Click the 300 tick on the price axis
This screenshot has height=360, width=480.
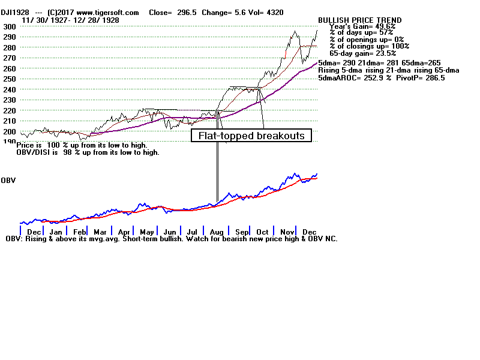click(9, 27)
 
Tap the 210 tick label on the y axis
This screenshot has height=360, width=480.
click(9, 121)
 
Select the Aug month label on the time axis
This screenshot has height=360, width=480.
click(217, 232)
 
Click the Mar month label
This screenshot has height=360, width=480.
click(100, 232)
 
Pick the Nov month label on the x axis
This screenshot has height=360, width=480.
click(286, 232)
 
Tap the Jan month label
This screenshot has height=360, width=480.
click(56, 232)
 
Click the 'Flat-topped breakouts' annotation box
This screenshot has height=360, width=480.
click(251, 136)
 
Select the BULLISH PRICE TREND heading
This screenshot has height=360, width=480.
click(360, 20)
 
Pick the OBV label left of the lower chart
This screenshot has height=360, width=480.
click(8, 180)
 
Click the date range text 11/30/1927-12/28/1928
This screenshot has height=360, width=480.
click(70, 20)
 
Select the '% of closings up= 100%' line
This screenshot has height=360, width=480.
click(369, 46)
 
